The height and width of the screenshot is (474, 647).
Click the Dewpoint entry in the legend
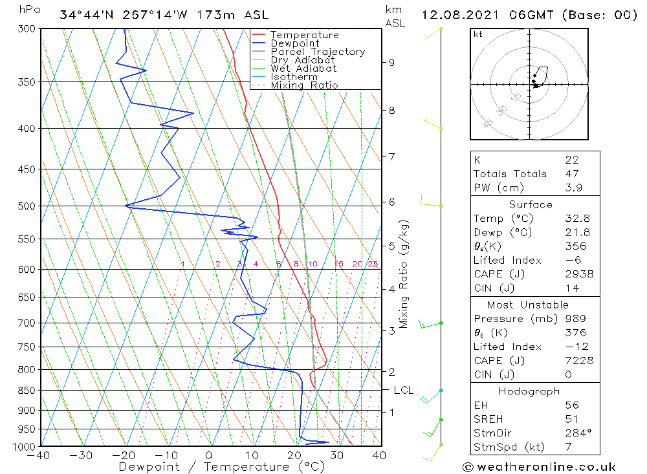coord(294,43)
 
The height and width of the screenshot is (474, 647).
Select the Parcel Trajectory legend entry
coord(318,52)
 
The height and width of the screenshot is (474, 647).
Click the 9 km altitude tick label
coord(392,63)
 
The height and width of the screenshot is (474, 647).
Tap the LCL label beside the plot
coord(403,391)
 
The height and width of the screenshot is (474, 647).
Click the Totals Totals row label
coord(510,174)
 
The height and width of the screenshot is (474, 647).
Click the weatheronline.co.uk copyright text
coord(539,467)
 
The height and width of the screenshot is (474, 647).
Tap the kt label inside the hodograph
coord(478,34)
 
